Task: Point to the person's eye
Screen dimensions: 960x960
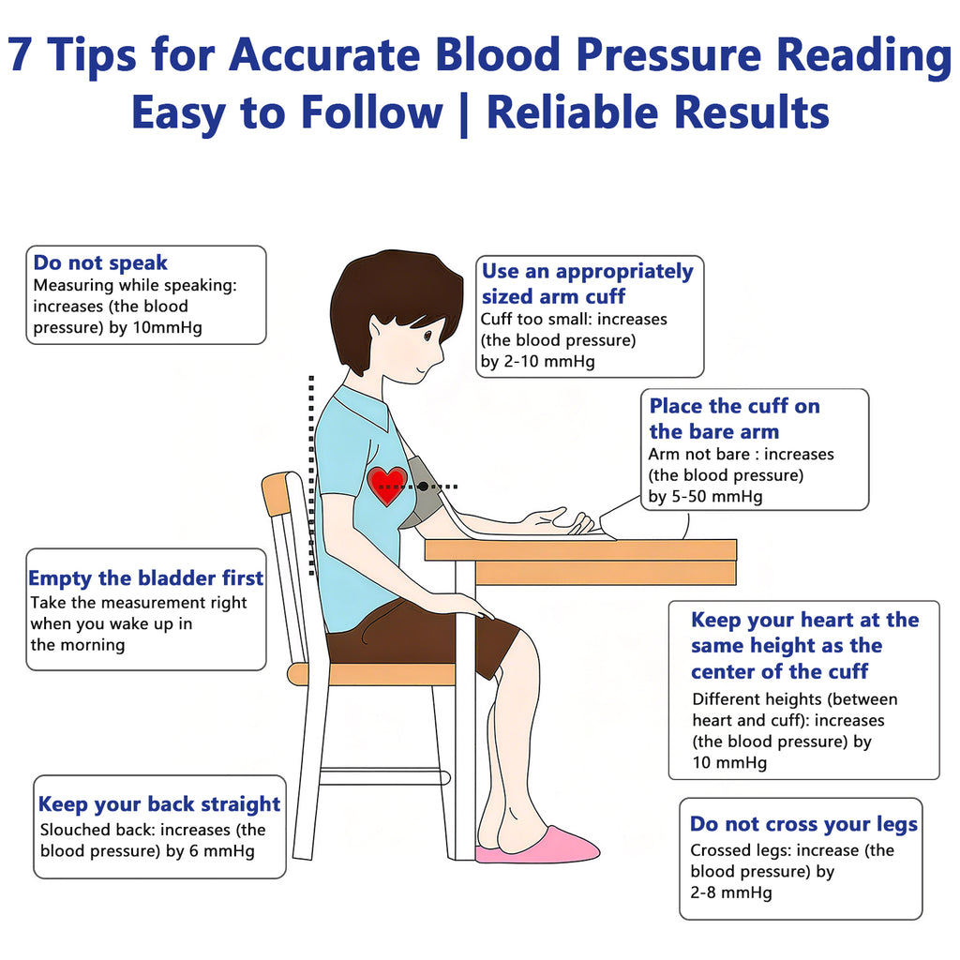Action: coord(427,336)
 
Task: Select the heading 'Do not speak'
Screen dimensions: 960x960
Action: coord(100,262)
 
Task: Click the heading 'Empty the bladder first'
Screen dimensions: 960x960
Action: coord(145,577)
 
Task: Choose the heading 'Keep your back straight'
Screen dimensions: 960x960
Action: coord(159,803)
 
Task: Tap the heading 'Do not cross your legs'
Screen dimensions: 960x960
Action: coord(803,824)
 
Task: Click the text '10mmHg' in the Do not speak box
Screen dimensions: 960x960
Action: coord(167,327)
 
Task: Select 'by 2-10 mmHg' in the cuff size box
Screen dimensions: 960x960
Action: coord(537,361)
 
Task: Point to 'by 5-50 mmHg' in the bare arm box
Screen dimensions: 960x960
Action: coord(705,496)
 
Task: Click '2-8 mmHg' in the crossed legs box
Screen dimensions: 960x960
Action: coord(731,892)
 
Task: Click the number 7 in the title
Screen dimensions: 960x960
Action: coord(21,55)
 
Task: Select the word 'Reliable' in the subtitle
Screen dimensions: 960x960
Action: coord(572,112)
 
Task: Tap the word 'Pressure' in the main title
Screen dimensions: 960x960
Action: coord(668,54)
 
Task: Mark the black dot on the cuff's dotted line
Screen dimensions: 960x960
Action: coord(423,487)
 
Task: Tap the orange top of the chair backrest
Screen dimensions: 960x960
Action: coord(275,493)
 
